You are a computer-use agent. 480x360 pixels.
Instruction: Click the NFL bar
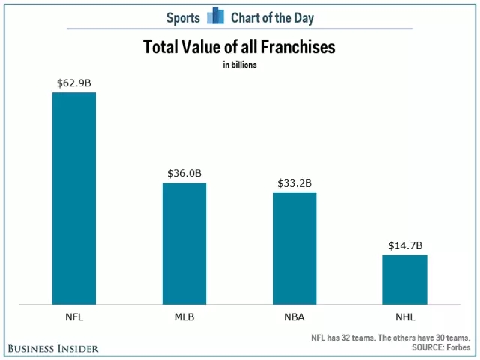[x=73, y=198]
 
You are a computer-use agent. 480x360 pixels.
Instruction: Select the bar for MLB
[x=184, y=244]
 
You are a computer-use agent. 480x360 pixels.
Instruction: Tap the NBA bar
[x=295, y=248]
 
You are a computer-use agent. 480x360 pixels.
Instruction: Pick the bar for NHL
[x=405, y=280]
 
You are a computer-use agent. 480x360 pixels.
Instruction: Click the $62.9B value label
[x=73, y=82]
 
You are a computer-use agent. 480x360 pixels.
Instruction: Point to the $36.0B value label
[x=184, y=173]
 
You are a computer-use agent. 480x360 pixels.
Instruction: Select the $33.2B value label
[x=295, y=182]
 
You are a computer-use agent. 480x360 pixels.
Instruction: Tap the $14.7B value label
[x=405, y=245]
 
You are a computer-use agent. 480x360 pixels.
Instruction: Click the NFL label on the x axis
[x=73, y=317]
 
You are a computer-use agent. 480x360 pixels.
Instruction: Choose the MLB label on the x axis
[x=184, y=317]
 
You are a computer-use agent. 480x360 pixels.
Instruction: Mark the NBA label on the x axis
[x=295, y=317]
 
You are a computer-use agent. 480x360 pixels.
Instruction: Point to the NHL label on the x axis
[x=405, y=317]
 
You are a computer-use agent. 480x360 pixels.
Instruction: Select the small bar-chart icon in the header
[x=216, y=15]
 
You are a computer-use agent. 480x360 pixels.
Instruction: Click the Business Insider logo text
[x=53, y=349]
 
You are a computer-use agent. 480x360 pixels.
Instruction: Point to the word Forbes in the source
[x=457, y=348]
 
